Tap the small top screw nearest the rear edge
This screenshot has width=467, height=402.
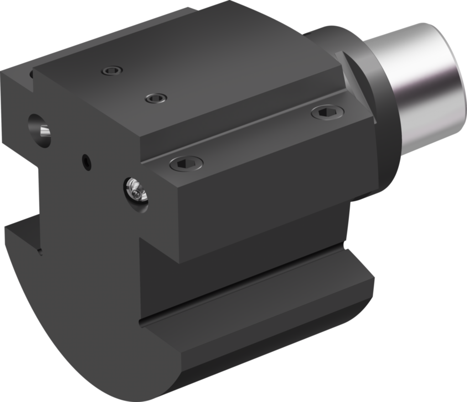112,71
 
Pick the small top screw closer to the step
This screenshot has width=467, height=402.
156,98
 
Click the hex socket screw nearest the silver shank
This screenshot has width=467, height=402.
327,112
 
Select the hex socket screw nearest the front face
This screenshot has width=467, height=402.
186,163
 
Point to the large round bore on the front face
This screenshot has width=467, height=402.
39,130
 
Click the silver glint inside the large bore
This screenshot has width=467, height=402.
45,132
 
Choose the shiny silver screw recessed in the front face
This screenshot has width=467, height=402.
135,190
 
